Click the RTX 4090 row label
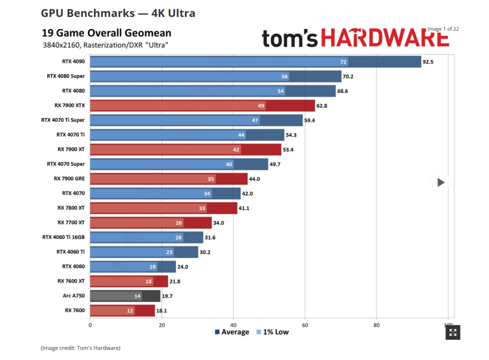(73, 61)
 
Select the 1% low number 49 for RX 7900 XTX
(260, 105)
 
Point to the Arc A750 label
(74, 295)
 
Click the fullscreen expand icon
(452, 332)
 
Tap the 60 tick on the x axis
(305, 325)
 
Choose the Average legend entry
(231, 332)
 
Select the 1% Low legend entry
(272, 332)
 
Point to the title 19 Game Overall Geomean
(107, 33)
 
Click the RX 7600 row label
(75, 310)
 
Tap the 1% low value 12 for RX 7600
(130, 310)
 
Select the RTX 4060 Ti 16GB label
(63, 237)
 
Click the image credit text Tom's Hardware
(80, 347)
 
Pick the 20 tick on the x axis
(162, 325)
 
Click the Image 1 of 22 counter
(443, 29)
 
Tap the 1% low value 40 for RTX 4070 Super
(228, 164)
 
